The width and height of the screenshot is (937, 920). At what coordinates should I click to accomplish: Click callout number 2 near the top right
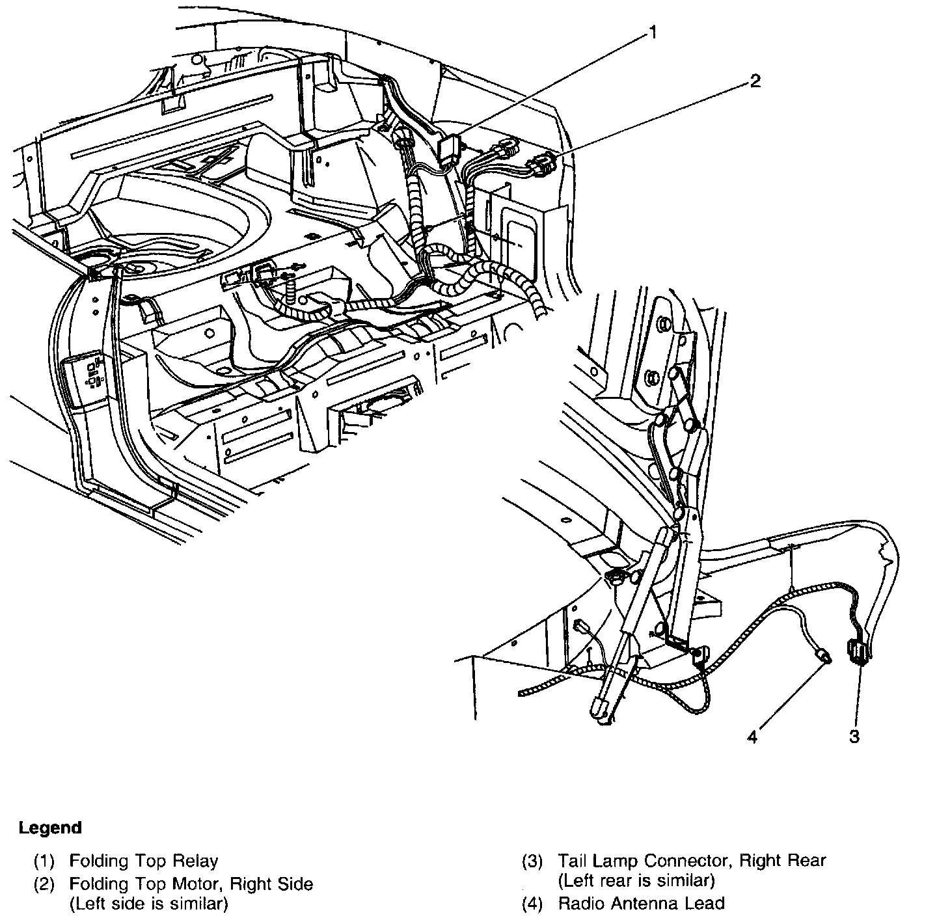755,81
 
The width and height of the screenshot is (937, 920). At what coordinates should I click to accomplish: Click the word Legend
50,828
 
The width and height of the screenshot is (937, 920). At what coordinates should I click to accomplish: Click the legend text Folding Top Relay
143,861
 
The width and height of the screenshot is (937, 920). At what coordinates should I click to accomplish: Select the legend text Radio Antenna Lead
640,903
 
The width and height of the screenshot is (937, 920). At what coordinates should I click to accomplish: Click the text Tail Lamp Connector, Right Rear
691,861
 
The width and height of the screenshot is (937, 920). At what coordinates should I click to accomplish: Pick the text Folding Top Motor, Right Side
191,884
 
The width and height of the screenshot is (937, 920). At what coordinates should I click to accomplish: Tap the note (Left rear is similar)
636,881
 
